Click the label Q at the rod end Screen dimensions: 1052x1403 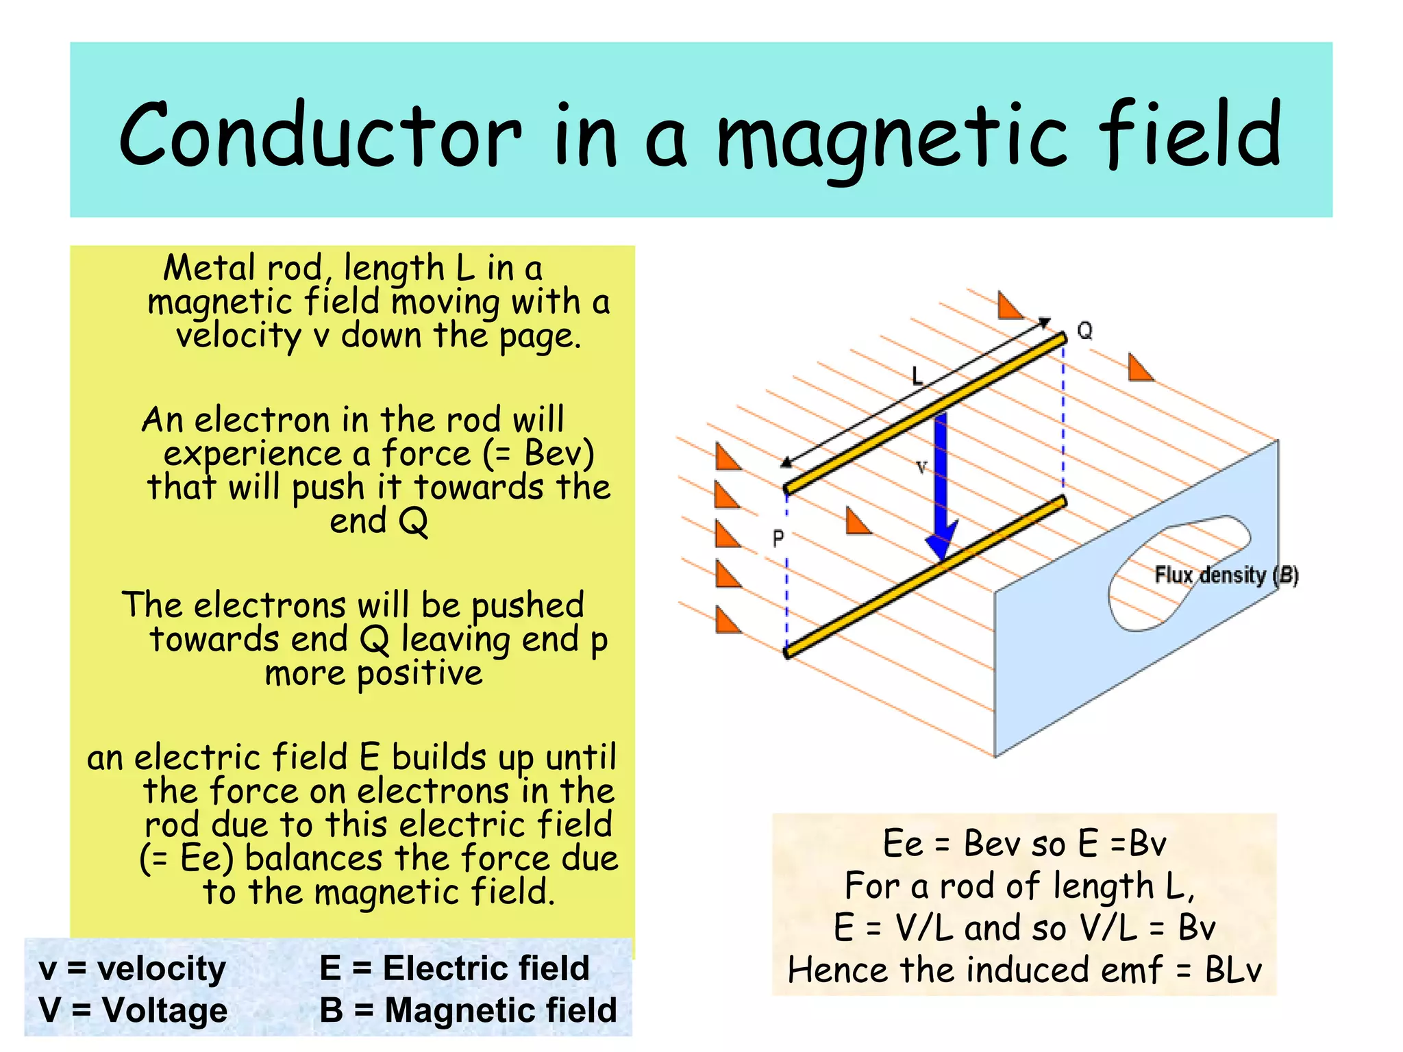tap(1085, 331)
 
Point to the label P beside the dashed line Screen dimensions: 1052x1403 tap(778, 539)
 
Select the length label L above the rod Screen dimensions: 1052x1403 tap(917, 375)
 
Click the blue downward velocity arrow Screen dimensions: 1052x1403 tap(941, 486)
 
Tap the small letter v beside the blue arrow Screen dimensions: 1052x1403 tap(921, 467)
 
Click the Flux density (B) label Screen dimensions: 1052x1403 tap(1226, 575)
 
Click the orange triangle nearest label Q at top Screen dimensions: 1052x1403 tap(1008, 307)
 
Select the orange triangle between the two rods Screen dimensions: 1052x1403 tap(856, 522)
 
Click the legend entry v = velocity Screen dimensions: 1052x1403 tap(132, 968)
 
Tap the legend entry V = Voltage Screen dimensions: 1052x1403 tap(133, 1010)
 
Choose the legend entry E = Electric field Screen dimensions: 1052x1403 tap(454, 968)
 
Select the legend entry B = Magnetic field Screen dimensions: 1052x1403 tap(468, 1010)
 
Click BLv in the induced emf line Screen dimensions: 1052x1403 tap(1232, 970)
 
